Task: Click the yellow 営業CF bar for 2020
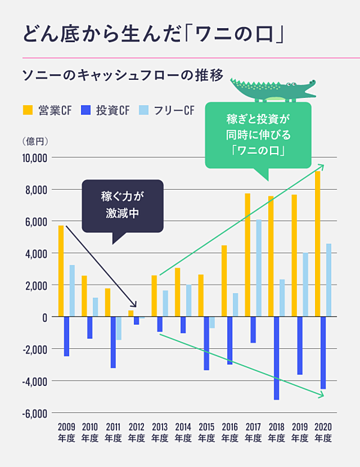[317, 244]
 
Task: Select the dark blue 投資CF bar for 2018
[277, 358]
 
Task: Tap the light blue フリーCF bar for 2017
[259, 268]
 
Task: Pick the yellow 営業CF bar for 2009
[61, 271]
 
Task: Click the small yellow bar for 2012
[131, 313]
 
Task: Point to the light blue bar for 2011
[119, 328]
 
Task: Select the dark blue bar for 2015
[206, 343]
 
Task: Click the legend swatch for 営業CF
[28, 110]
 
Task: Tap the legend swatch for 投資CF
[85, 110]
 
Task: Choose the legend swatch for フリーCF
[143, 110]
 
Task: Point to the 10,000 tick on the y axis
[35, 158]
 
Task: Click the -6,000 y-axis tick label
[35, 414]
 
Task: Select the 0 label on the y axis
[44, 318]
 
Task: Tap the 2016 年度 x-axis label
[230, 432]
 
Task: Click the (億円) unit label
[35, 141]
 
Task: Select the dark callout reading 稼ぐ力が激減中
[122, 205]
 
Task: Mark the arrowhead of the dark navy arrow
[134, 305]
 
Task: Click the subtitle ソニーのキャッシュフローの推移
[123, 76]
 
